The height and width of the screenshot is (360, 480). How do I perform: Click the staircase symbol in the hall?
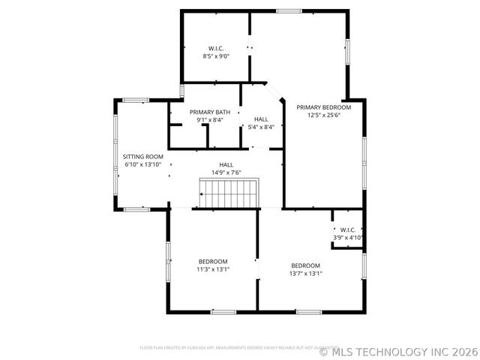tap(229, 193)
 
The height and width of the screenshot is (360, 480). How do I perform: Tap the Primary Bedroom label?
tap(324, 107)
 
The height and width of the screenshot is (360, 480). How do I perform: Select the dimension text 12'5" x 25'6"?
tap(324, 115)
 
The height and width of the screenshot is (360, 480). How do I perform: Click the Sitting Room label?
tap(142, 157)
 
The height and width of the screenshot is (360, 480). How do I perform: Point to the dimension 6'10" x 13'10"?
tap(142, 165)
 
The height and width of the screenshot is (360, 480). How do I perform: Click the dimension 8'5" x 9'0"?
tap(216, 56)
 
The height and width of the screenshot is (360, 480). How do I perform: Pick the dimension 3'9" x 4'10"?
tap(348, 238)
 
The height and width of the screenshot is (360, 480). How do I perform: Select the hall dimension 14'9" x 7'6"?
tap(226, 172)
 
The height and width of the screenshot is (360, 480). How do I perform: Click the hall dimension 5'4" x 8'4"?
tap(261, 127)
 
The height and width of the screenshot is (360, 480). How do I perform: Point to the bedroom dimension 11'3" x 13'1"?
tap(213, 269)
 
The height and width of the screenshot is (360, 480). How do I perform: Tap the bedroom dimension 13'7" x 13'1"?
tap(306, 274)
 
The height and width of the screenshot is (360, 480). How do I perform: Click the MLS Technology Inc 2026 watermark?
tap(398, 350)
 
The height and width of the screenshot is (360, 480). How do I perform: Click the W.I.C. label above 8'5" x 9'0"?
tap(216, 48)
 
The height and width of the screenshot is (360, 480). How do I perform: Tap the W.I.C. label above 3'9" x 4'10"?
tap(348, 229)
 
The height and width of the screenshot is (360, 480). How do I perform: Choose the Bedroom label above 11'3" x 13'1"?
tap(213, 261)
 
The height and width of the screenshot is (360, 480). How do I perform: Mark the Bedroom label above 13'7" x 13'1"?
tap(306, 265)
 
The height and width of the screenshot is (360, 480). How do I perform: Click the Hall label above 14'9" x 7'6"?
tap(226, 164)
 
